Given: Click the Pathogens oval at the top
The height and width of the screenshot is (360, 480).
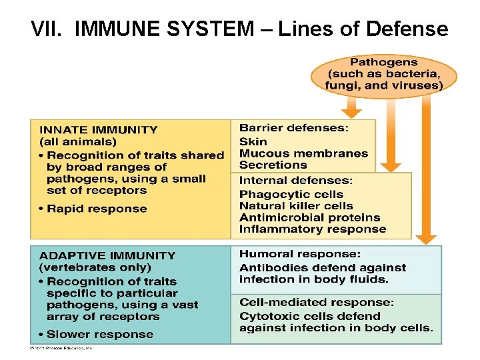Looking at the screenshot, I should (383, 73).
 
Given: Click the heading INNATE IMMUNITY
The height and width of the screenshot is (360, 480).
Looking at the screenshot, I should (99, 130).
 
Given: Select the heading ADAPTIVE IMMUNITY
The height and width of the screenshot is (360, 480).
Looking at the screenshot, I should (107, 255).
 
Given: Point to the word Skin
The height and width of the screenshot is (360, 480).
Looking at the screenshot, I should (253, 141).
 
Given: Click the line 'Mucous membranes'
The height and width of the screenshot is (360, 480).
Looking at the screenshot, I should (303, 153).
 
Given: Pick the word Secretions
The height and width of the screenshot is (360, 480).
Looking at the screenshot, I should (273, 165).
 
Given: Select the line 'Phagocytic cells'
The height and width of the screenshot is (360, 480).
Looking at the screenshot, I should (291, 194).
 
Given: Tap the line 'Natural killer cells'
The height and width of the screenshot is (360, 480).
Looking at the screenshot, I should (296, 206).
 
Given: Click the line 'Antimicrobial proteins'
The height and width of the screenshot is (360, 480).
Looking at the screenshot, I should (309, 217).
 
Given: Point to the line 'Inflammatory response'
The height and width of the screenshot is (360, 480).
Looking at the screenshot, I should (313, 229).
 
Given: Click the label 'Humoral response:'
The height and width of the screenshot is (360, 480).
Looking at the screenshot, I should (300, 254).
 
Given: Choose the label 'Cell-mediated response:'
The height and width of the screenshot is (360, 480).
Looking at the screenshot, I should (317, 303).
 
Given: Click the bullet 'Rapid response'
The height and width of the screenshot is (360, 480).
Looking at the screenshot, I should (96, 209).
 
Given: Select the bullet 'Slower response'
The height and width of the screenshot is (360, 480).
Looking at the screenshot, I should (99, 334).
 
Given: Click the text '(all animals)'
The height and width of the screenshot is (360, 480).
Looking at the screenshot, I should (78, 141).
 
